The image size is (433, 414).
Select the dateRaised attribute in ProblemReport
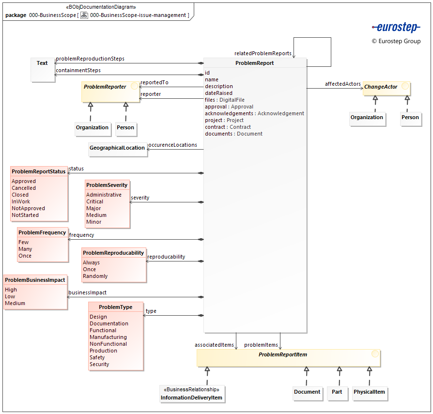point(218,93)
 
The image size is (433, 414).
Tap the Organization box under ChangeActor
point(367,118)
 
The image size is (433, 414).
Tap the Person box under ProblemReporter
point(125,128)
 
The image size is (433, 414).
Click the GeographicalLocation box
point(117,148)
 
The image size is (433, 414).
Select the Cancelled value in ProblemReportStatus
point(24,188)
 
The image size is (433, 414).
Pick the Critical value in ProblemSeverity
point(94,201)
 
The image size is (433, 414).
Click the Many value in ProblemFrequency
point(25,249)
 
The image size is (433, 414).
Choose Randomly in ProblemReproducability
point(95,276)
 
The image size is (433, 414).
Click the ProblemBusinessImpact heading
point(35,280)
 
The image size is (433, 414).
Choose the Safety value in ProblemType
point(97,357)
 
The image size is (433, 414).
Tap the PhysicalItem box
point(369,392)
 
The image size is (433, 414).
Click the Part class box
point(337,392)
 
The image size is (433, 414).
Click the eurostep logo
point(396,28)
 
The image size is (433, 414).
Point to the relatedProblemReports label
point(263,53)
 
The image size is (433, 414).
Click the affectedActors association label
point(342,84)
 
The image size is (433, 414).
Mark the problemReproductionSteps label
point(90,59)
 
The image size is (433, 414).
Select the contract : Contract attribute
point(228,127)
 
